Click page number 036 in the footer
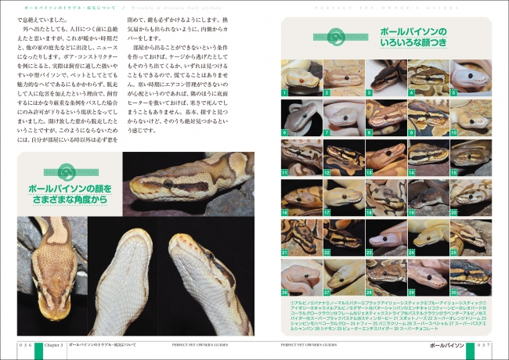pyautogui.click(x=26, y=344)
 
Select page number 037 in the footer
pyautogui.click(x=481, y=344)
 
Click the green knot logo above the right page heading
pyautogui.click(x=337, y=36)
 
